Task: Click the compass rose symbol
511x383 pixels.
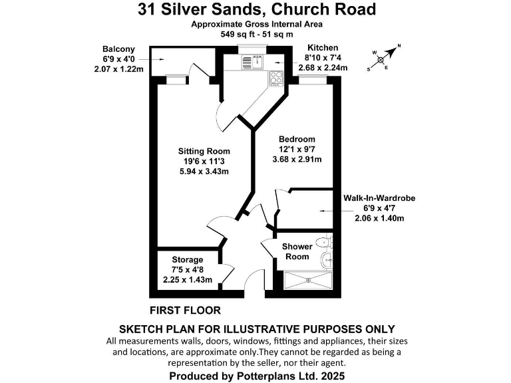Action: (383, 59)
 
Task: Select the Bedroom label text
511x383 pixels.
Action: (297, 138)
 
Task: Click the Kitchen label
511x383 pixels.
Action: (322, 48)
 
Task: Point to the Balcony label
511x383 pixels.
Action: (118, 49)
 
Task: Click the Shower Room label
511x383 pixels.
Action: (297, 251)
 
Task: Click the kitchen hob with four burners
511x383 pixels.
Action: (276, 78)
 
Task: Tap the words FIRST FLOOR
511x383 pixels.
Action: (185, 310)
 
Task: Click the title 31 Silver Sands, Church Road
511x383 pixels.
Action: (256, 9)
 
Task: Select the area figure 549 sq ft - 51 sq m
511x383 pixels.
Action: (256, 34)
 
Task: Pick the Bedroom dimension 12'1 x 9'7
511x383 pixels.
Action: (297, 149)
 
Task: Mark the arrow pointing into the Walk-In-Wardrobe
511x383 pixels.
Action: (326, 211)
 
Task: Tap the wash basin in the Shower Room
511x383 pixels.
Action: (326, 259)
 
